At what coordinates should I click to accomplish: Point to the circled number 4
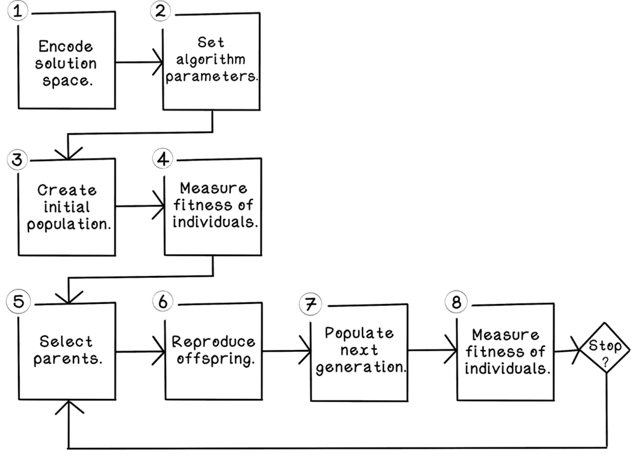click(x=162, y=158)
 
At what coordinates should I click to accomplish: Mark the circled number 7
click(x=309, y=304)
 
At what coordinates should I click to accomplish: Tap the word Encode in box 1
click(x=67, y=47)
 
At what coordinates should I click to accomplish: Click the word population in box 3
click(x=69, y=224)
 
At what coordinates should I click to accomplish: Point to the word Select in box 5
click(x=67, y=341)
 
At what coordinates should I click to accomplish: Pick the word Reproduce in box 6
click(x=213, y=341)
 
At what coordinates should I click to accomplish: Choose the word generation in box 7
click(x=359, y=369)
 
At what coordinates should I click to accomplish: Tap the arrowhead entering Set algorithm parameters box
click(x=159, y=61)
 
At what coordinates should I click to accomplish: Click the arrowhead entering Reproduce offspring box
click(x=160, y=351)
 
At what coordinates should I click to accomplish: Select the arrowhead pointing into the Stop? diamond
click(x=576, y=351)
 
